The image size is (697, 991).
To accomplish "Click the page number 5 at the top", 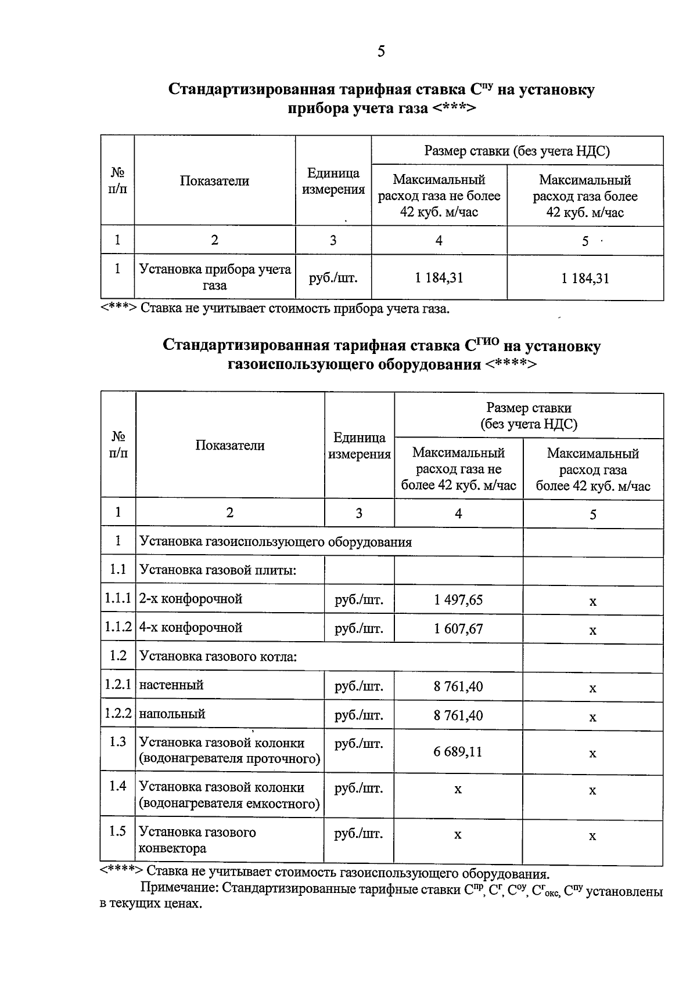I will pyautogui.click(x=381, y=52).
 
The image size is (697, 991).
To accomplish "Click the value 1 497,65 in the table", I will pyautogui.click(x=458, y=600).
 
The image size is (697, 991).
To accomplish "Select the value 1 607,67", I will pyautogui.click(x=458, y=629).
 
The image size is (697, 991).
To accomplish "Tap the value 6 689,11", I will pyautogui.click(x=458, y=752).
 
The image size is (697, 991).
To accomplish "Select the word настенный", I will pyautogui.click(x=171, y=685).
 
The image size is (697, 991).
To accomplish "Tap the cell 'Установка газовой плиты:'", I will pyautogui.click(x=218, y=570).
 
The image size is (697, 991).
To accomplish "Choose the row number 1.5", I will pyautogui.click(x=118, y=831).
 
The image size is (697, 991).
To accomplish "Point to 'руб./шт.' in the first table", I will pyautogui.click(x=333, y=278).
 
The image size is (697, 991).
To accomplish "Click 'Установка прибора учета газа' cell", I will pyautogui.click(x=215, y=277).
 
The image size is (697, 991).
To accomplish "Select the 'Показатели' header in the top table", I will pyautogui.click(x=214, y=181).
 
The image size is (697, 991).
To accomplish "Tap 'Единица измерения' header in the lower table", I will pyautogui.click(x=360, y=446).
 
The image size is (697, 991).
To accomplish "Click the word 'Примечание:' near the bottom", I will pyautogui.click(x=179, y=888).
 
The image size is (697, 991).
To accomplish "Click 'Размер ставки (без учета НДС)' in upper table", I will pyautogui.click(x=517, y=151).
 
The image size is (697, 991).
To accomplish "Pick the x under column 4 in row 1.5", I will pyautogui.click(x=458, y=835).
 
